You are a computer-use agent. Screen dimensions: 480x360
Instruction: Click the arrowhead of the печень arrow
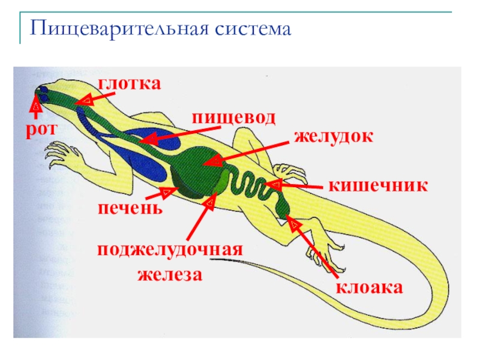tap(166, 192)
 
